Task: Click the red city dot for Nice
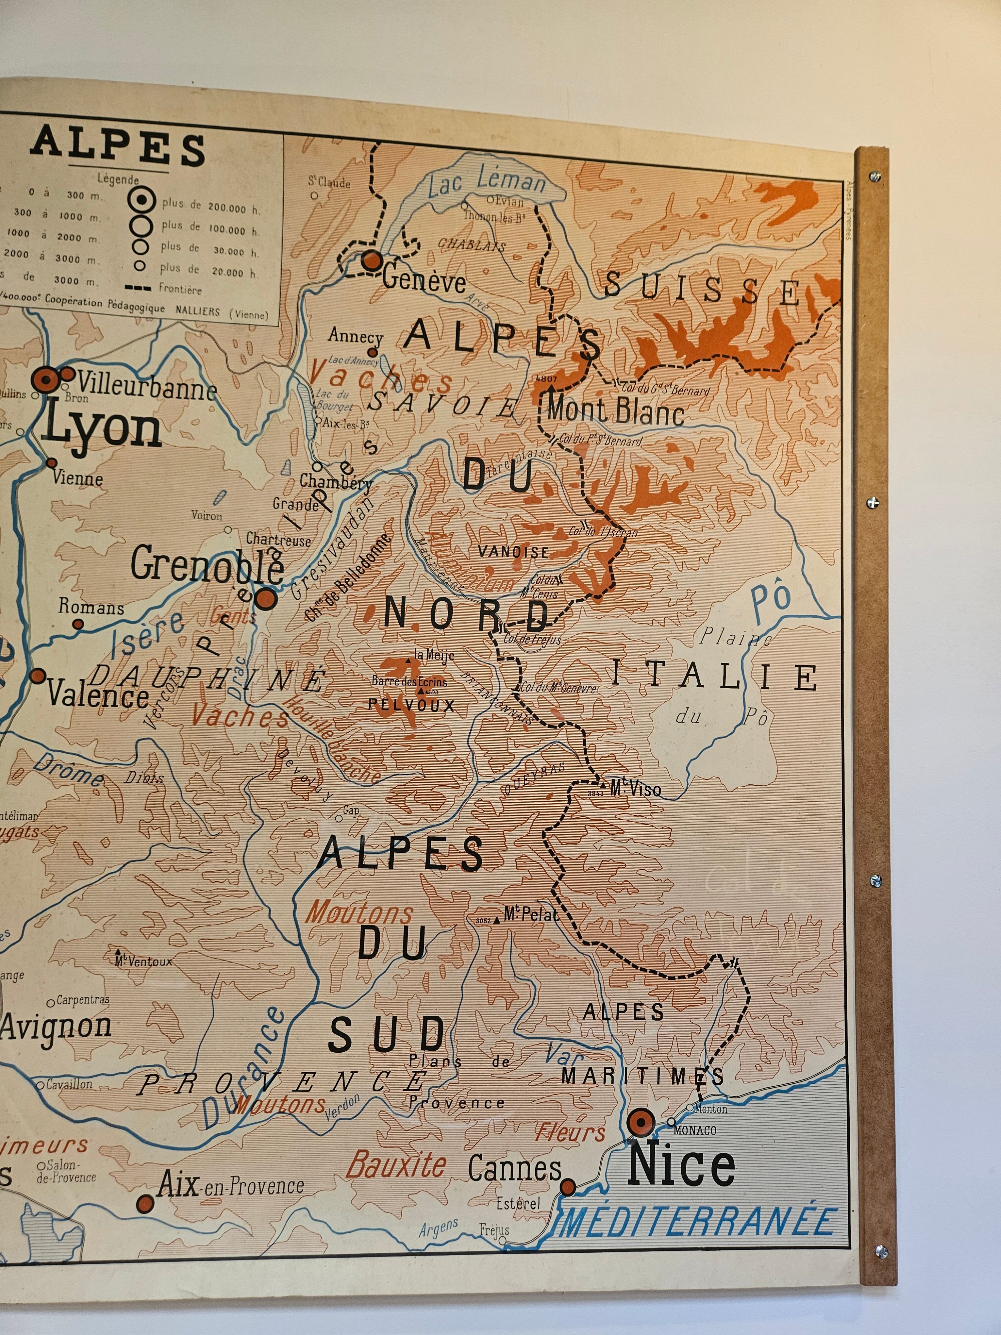(x=640, y=1122)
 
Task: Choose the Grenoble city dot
(x=266, y=599)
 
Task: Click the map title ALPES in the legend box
(x=118, y=148)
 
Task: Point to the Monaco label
(x=694, y=1130)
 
